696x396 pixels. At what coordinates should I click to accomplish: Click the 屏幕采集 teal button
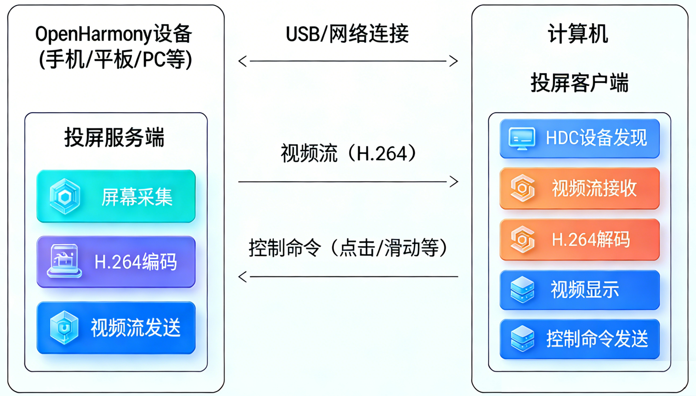(x=116, y=196)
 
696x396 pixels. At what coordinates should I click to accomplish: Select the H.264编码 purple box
(x=116, y=262)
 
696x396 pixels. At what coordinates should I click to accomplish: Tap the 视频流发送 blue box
(x=116, y=328)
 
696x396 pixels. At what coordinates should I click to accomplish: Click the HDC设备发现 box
(x=579, y=138)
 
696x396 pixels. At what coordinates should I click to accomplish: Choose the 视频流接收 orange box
(x=579, y=188)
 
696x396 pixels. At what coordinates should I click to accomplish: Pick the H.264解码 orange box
(x=579, y=240)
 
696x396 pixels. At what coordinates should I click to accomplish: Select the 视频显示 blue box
(x=579, y=290)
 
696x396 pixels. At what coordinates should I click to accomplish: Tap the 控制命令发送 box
(x=579, y=339)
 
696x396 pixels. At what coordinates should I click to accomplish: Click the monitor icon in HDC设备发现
(x=522, y=138)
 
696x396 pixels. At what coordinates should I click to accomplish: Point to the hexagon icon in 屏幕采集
(x=65, y=197)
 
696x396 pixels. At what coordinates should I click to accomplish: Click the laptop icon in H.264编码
(x=64, y=261)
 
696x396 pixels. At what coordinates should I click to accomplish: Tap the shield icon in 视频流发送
(x=64, y=327)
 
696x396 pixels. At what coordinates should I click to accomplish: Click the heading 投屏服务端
(x=114, y=138)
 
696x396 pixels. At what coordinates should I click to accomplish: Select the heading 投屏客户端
(x=579, y=83)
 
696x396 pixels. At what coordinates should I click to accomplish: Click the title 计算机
(x=578, y=34)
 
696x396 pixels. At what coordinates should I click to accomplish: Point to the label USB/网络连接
(x=347, y=34)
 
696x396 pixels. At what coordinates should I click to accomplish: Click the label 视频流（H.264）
(x=348, y=154)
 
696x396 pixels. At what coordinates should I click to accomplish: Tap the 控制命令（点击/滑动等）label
(x=348, y=248)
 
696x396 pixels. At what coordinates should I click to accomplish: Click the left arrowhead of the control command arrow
(x=243, y=277)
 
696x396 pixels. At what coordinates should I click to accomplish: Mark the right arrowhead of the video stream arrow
(x=454, y=181)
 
